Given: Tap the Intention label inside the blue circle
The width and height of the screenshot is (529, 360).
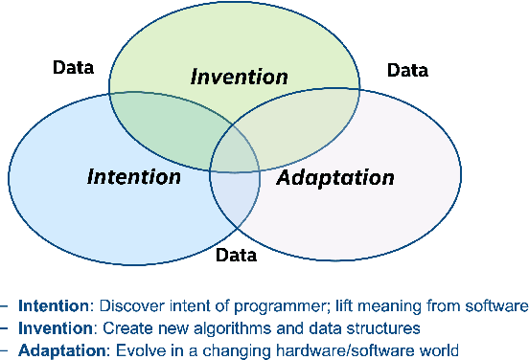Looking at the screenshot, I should [133, 177].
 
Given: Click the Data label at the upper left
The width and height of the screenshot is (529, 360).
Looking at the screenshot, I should [73, 67].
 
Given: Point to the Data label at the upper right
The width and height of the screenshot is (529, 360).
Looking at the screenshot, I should [406, 70].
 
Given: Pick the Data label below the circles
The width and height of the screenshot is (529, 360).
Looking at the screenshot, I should [235, 255].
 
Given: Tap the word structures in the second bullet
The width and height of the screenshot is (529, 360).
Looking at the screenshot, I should [359, 327].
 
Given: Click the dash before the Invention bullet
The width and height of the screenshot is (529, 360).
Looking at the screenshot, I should [5, 327].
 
